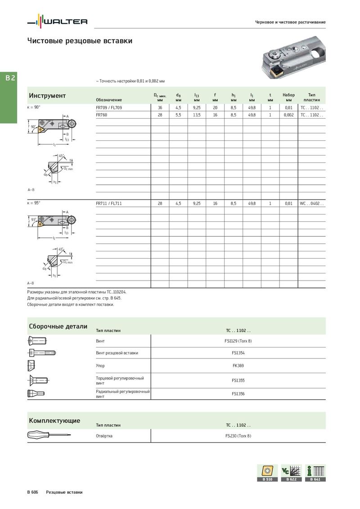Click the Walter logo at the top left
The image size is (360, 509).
point(57,22)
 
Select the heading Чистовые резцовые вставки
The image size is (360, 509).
point(80,41)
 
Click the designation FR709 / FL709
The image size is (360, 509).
point(109,108)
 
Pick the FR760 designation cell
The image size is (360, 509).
point(102,115)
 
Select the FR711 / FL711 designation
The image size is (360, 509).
point(109,204)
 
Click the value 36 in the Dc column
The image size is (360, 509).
point(160,108)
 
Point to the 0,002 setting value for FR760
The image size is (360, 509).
point(288,115)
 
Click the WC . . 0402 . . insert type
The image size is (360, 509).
point(311,204)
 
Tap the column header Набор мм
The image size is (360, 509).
point(288,97)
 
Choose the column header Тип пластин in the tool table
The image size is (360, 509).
point(312,97)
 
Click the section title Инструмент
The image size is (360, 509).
point(47,96)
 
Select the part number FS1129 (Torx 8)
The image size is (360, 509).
point(238,341)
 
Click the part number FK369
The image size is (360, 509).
point(238,366)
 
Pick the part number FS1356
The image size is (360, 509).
point(238,394)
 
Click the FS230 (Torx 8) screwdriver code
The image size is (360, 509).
point(238,436)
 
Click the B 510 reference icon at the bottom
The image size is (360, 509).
point(267,473)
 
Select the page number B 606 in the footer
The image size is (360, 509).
point(32,492)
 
